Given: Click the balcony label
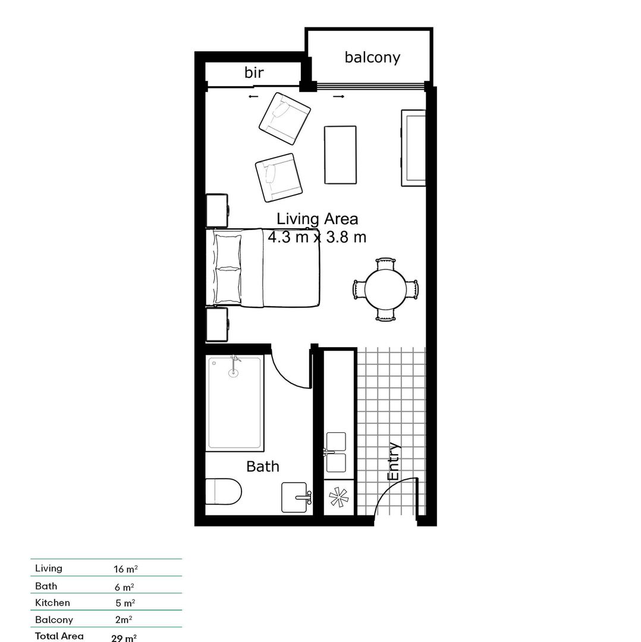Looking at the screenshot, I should click(372, 57).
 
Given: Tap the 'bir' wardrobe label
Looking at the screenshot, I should click(254, 73).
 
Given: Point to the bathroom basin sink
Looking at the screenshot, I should click(296, 496).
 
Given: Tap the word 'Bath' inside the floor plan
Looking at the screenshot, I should click(263, 467).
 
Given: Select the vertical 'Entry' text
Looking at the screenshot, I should click(394, 462).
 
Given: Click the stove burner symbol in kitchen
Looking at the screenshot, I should click(338, 497).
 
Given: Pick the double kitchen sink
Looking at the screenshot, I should click(336, 451).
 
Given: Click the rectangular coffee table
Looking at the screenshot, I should click(340, 155).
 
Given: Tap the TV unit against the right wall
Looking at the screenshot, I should click(413, 148).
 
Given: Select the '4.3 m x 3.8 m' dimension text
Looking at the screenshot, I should click(316, 237).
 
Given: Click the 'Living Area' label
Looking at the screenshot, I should click(317, 219).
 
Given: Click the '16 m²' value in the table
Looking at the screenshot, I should click(125, 569).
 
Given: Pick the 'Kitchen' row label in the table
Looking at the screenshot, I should click(52, 603).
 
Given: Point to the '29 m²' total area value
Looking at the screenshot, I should click(124, 638).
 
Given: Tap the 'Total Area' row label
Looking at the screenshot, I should click(59, 636).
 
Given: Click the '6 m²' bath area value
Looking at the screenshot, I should click(124, 587).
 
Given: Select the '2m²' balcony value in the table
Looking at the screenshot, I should click(124, 619).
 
